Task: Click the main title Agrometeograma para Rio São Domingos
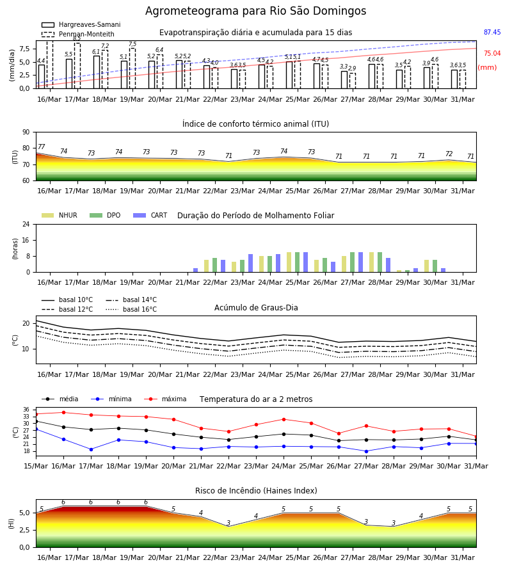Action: click(x=255, y=11)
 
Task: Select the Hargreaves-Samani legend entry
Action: click(x=81, y=24)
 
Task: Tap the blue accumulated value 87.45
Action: click(x=492, y=33)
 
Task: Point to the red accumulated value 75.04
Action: click(x=492, y=53)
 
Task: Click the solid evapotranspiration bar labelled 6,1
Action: click(x=97, y=72)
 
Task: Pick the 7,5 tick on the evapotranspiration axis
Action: click(x=24, y=49)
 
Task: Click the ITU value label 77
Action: click(x=41, y=147)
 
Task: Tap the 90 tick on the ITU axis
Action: click(x=26, y=132)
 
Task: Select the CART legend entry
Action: click(x=150, y=215)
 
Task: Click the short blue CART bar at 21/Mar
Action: click(x=195, y=270)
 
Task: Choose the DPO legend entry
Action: click(x=105, y=215)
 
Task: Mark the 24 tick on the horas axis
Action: click(x=26, y=224)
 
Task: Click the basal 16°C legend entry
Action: click(x=131, y=309)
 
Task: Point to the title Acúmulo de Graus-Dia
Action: click(x=256, y=307)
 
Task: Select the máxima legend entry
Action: click(x=165, y=399)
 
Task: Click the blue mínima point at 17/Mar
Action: click(x=91, y=449)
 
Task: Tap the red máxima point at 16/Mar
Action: click(x=63, y=412)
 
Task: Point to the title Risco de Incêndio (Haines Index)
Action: click(x=256, y=491)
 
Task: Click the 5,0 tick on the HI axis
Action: click(x=24, y=513)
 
